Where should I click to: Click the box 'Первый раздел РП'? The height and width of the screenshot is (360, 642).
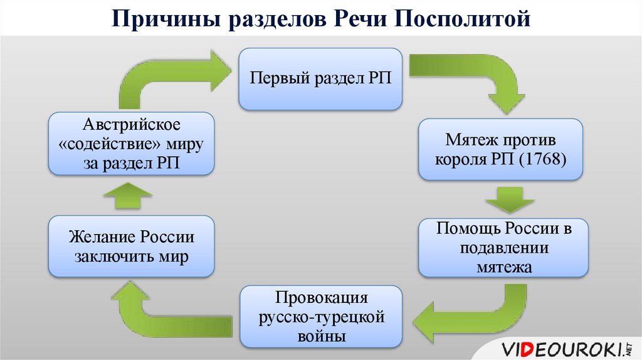tap(320, 78)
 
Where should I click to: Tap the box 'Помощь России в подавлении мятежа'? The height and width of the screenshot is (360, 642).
tap(503, 248)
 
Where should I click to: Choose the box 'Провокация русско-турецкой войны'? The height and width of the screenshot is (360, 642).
tap(320, 317)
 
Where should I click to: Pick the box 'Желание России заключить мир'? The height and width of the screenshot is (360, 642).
tap(132, 247)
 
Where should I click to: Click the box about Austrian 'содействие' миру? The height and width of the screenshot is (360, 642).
tap(132, 144)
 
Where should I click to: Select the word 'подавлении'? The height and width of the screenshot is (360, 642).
tap(504, 248)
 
